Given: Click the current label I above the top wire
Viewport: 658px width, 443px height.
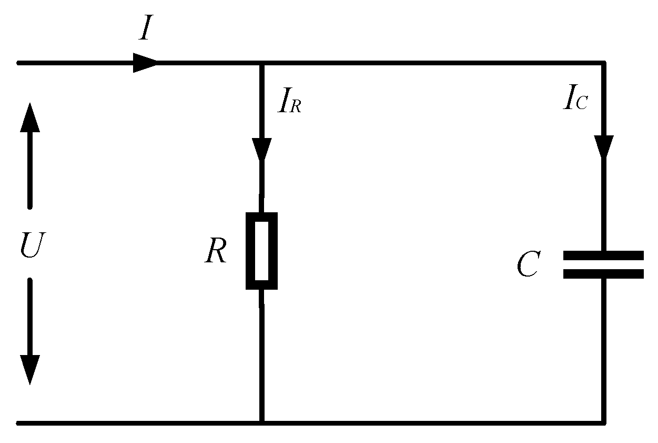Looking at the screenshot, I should [146, 30].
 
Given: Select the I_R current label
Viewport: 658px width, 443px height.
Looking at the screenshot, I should [290, 103].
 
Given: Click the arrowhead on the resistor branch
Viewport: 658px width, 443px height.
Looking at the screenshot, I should [261, 149].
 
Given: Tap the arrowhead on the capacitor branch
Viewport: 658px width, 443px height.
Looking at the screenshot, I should [604, 146].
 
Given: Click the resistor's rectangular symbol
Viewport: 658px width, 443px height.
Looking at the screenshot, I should [261, 251].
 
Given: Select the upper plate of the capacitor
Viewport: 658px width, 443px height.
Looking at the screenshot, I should [603, 255].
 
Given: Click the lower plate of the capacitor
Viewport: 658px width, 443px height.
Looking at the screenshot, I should [603, 273].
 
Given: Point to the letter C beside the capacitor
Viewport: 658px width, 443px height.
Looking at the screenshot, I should [528, 264].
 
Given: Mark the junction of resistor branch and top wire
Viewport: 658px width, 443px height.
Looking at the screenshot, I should [261, 63].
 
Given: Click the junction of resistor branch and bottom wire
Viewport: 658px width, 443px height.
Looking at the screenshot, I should [261, 422].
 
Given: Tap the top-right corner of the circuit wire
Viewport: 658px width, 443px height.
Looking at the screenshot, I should [604, 63].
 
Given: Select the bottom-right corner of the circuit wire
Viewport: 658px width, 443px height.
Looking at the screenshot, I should [604, 422].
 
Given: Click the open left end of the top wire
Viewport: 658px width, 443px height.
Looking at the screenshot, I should [19, 63].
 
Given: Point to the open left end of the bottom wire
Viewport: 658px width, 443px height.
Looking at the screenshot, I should [19, 422].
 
